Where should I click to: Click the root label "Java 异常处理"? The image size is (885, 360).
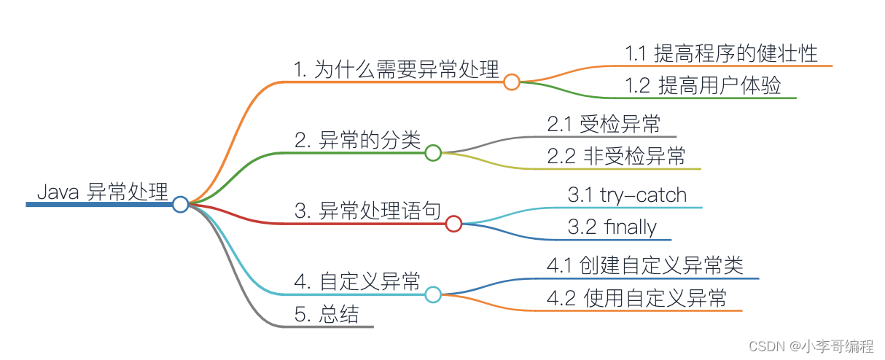pos(102,192)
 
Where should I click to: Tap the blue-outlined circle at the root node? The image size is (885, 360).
pos(181,205)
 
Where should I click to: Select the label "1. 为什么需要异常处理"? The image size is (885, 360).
pos(397,70)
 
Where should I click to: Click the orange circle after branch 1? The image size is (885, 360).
pos(512,82)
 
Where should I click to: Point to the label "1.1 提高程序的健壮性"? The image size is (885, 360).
pos(721,53)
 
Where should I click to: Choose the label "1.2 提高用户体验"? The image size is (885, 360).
pos(703,85)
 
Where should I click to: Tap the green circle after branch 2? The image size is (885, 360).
pos(433,153)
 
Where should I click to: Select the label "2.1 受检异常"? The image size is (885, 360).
pos(604,124)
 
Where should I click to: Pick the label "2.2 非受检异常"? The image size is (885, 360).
pos(616,156)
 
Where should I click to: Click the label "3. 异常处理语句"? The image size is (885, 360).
pos(367,212)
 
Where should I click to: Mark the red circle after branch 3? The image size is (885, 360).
pos(453,224)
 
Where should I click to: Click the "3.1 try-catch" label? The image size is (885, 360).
pos(627,195)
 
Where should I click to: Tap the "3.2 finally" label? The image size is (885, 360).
pos(612,227)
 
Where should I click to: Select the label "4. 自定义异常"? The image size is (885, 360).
pos(358,281)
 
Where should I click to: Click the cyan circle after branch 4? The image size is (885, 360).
pos(433,294)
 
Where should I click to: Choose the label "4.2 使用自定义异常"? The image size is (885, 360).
pos(636,298)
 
